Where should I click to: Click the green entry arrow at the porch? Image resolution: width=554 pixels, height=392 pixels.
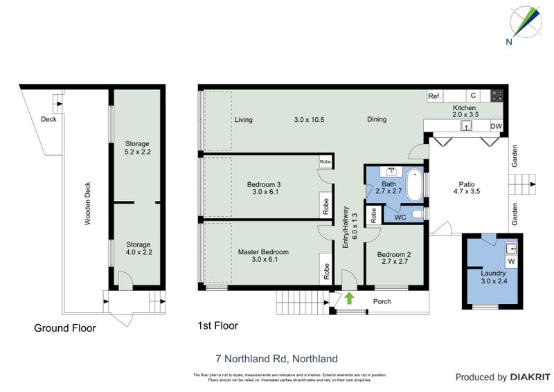[x=350, y=299]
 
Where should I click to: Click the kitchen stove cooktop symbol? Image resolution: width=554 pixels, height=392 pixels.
[x=497, y=96]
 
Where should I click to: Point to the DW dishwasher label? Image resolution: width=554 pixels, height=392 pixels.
[x=495, y=126]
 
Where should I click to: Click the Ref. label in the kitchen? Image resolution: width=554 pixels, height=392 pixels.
[x=435, y=96]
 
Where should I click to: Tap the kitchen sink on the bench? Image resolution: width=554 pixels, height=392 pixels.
[x=467, y=125]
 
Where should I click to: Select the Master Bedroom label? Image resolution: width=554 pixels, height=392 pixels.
[x=263, y=251]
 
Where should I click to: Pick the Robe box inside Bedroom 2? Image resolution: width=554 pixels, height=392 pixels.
[x=373, y=215]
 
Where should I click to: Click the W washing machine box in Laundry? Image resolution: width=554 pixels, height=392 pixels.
[x=511, y=262]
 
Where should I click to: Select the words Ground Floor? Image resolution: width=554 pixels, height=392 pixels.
[x=65, y=328]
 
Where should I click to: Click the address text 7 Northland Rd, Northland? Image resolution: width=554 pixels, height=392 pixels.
[x=276, y=359]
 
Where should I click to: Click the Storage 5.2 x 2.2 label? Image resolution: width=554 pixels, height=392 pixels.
[x=136, y=148]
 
